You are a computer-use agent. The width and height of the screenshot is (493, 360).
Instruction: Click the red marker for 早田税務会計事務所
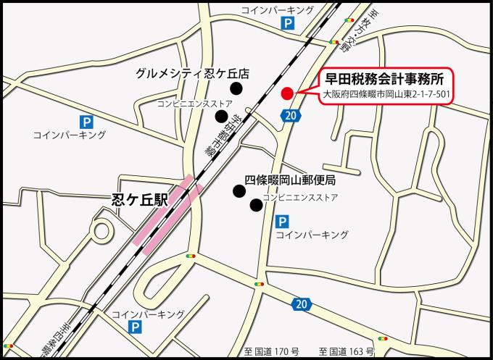pyautogui.click(x=286, y=93)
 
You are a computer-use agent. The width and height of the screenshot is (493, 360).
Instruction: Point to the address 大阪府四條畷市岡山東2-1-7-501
pyautogui.click(x=387, y=95)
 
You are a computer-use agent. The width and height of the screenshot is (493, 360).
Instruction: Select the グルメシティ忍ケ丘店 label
pyautogui.click(x=192, y=74)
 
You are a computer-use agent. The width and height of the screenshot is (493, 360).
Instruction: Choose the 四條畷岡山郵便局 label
pyautogui.click(x=289, y=179)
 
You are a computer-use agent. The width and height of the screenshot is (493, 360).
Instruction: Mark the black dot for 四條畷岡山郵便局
pyautogui.click(x=238, y=191)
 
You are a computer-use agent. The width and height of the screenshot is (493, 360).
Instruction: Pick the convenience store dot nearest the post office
pyautogui.click(x=255, y=205)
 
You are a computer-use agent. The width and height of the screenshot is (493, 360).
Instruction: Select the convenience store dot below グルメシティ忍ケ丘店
pyautogui.click(x=221, y=116)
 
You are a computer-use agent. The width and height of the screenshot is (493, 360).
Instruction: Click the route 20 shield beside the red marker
pyautogui.click(x=291, y=115)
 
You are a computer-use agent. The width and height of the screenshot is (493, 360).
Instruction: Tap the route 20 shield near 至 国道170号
pyautogui.click(x=302, y=303)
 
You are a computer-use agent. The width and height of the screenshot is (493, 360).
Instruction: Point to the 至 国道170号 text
pyautogui.click(x=276, y=351)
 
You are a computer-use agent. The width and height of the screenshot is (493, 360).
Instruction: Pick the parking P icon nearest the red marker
pyautogui.click(x=289, y=25)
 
